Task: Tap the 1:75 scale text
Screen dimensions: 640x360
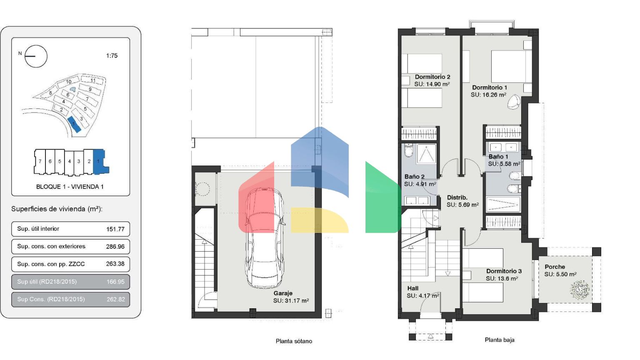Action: pos(112,56)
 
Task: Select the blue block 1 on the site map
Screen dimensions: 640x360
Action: pos(74,125)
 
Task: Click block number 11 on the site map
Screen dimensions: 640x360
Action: pos(92,80)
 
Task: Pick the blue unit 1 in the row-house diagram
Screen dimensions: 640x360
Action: pos(100,162)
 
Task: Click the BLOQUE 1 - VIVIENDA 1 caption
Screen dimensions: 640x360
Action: pos(70,187)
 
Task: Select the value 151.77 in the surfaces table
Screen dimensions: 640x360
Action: pos(115,229)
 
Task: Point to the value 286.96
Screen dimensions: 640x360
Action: pos(115,247)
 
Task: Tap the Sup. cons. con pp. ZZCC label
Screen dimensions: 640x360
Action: pos(51,264)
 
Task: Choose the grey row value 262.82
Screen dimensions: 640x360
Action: pos(116,300)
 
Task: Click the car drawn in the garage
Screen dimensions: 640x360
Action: pos(265,238)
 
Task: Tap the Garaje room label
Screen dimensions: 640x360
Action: pos(283,293)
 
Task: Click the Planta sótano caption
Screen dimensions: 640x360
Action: pos(294,341)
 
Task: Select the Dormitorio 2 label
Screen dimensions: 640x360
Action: pos(432,77)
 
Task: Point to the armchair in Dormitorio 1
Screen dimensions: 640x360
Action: pos(514,102)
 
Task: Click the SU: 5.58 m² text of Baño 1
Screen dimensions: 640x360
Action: pos(504,164)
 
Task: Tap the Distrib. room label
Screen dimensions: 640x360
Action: pos(457,197)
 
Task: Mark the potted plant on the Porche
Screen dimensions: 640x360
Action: pos(580,290)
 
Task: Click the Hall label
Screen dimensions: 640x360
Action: pos(413,288)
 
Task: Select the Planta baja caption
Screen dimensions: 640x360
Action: pos(500,340)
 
